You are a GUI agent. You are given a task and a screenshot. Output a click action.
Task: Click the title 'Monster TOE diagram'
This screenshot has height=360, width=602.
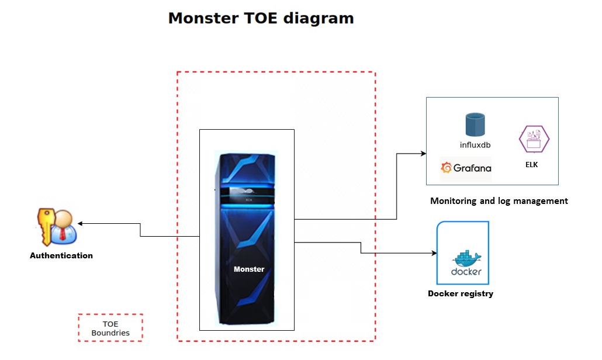click(261, 18)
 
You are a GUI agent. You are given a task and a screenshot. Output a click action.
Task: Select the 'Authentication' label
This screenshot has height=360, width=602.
click(61, 255)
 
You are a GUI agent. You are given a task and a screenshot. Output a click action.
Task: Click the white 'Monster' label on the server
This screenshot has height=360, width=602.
click(249, 269)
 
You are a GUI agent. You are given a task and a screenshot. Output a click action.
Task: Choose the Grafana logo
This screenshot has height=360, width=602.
click(466, 168)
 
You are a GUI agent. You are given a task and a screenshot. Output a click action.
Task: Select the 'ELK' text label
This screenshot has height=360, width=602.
click(531, 165)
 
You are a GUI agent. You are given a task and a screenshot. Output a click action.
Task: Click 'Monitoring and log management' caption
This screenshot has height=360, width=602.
click(499, 201)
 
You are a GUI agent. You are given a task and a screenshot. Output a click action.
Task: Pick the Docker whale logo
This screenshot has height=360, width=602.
click(465, 258)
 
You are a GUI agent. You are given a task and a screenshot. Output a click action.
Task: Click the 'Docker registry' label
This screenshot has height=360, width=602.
click(461, 293)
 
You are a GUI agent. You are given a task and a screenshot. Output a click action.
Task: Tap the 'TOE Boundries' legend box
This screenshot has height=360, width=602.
click(110, 328)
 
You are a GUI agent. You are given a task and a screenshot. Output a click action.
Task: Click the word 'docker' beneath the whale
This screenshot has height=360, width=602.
click(466, 272)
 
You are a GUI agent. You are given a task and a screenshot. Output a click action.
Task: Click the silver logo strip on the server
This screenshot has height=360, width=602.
click(247, 191)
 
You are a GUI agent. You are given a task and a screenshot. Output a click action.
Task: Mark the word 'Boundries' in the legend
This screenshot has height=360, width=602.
click(110, 333)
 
